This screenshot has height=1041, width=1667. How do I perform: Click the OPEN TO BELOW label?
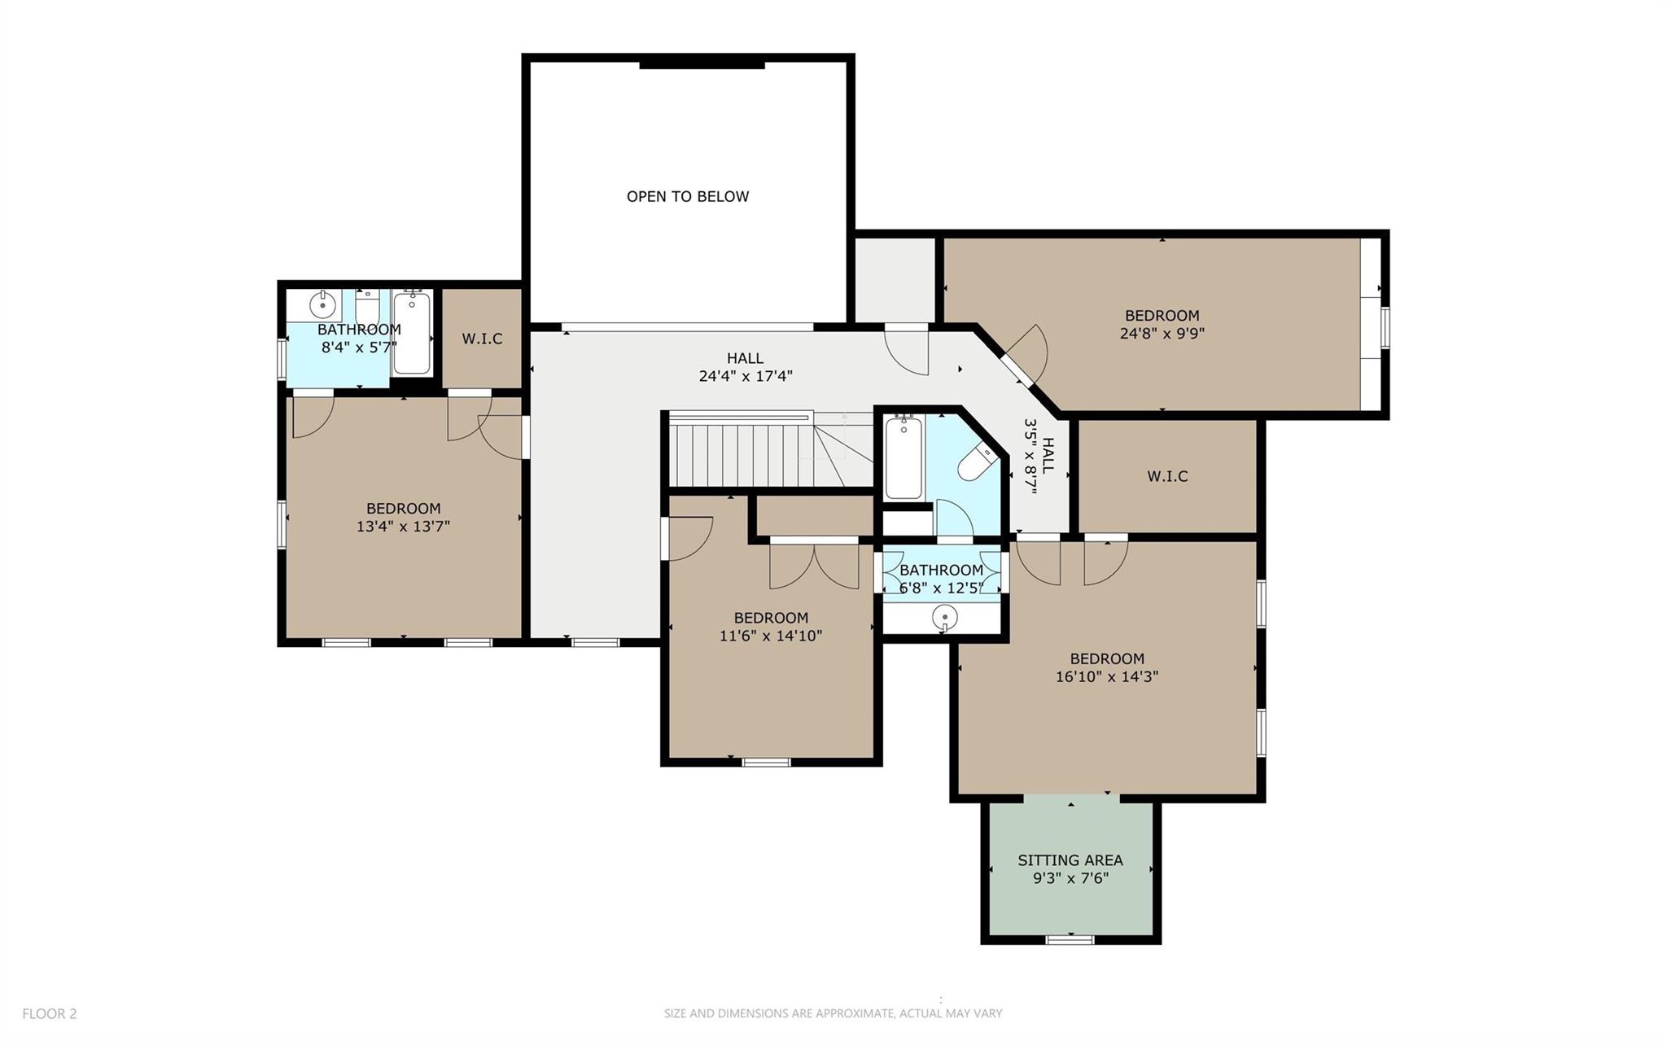coord(687,196)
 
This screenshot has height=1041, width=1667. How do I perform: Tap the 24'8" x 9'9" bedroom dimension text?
coord(1162,333)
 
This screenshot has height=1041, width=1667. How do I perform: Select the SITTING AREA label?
coord(1070,860)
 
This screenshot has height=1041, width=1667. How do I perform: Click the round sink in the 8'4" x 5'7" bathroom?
coord(323,306)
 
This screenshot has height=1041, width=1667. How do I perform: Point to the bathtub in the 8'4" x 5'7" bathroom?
coord(412,334)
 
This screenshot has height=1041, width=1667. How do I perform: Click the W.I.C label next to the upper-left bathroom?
coord(482,339)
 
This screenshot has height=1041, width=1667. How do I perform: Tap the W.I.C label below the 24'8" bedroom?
coord(1167,476)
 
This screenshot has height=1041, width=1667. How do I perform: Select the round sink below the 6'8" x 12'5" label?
coord(944,618)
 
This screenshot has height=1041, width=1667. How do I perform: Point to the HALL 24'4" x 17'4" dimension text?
coord(745,376)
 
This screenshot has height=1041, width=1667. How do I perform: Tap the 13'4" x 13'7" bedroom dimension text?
coord(403,527)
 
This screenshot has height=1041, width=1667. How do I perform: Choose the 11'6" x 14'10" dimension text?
coord(770,636)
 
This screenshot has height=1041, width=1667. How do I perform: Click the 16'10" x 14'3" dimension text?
coord(1106,676)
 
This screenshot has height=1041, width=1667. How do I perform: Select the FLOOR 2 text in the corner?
coord(49,1013)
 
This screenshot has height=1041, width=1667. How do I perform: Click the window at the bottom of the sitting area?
coord(1070,939)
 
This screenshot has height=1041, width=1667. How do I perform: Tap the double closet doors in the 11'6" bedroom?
coord(814,566)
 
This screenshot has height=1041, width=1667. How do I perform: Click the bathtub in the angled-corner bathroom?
coord(903,457)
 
